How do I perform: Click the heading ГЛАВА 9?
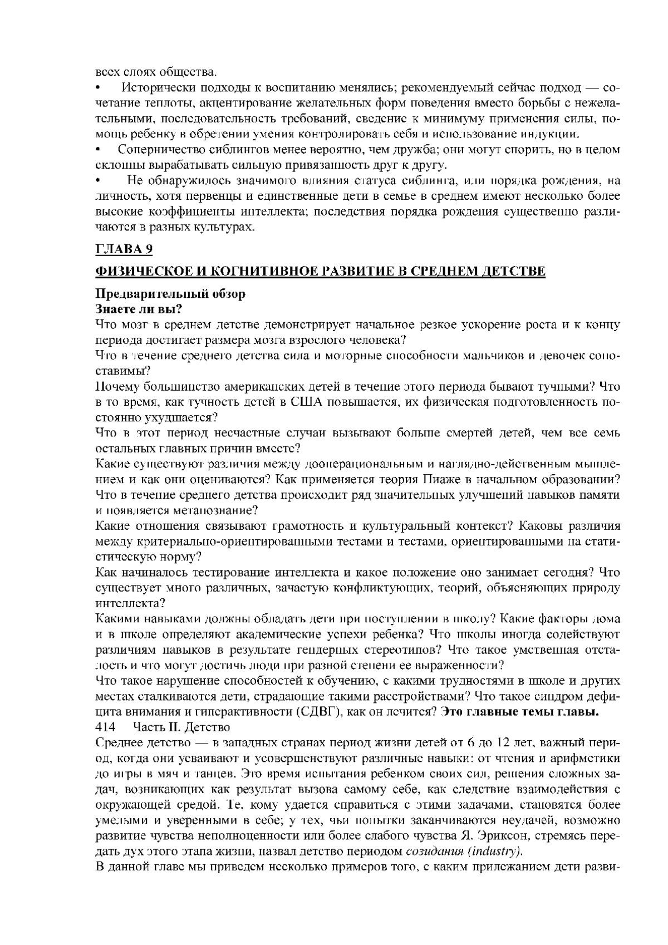(x=124, y=249)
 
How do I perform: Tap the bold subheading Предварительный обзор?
(x=170, y=294)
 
